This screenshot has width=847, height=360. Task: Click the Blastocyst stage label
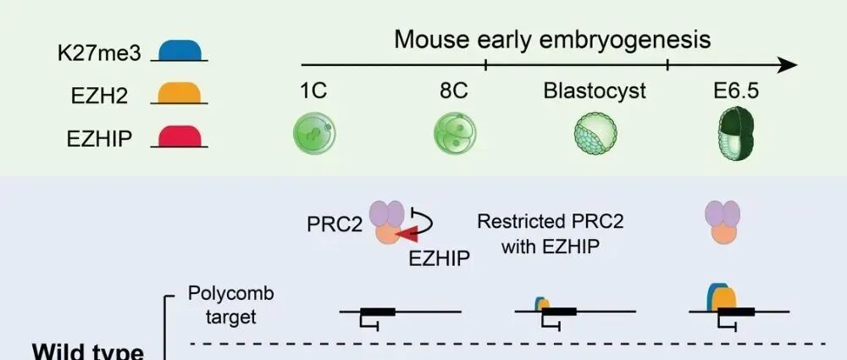[x=595, y=91]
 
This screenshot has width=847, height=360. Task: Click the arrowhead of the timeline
[x=788, y=65]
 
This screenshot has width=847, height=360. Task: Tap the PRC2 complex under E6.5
[x=722, y=228]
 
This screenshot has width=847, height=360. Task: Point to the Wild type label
[x=87, y=351]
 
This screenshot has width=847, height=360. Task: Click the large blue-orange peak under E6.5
[x=721, y=296]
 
